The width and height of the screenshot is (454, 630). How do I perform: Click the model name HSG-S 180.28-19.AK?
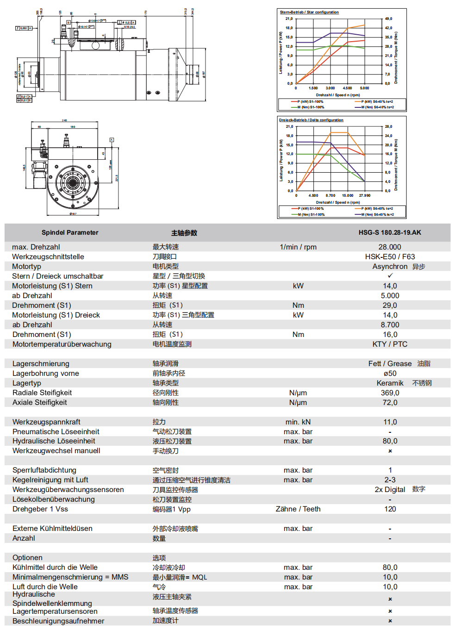click(390, 232)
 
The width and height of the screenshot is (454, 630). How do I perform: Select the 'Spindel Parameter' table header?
click(70, 232)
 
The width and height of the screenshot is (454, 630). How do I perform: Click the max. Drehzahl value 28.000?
click(390, 247)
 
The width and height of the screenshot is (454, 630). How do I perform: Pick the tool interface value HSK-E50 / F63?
click(390, 257)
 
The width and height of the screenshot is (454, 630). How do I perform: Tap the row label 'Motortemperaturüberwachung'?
click(62, 344)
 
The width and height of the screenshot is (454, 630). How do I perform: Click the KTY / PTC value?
click(390, 344)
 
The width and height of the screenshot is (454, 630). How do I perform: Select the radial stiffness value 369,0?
click(390, 393)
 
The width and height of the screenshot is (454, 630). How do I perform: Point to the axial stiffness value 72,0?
click(390, 403)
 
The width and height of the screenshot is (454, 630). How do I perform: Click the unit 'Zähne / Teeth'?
click(298, 509)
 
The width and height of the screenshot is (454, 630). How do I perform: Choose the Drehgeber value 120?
click(390, 509)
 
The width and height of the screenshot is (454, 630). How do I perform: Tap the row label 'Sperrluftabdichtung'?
click(44, 470)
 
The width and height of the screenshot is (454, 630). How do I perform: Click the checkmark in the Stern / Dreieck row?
click(390, 276)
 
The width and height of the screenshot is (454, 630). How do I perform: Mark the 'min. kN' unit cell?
click(298, 422)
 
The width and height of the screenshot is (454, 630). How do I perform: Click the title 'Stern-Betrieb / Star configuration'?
click(309, 12)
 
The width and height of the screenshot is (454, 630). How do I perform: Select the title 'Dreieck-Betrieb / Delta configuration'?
click(311, 120)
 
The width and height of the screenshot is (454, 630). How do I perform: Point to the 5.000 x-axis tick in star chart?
click(365, 88)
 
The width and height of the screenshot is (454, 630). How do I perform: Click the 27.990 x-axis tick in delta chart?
click(365, 195)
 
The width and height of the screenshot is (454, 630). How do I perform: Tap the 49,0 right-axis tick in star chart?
click(388, 19)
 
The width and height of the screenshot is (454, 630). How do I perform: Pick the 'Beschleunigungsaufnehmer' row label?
click(58, 621)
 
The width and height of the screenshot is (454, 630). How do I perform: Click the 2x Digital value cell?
click(390, 490)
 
